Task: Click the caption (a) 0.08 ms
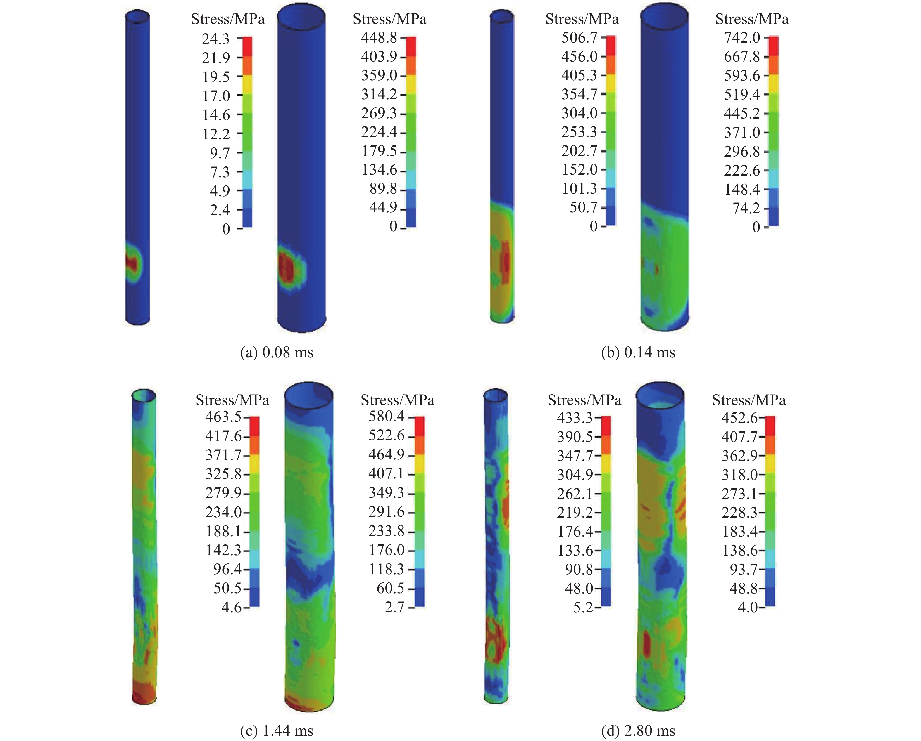(277, 352)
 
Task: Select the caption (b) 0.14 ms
(638, 352)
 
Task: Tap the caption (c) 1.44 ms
(277, 731)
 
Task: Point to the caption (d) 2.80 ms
(638, 731)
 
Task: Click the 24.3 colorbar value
(216, 39)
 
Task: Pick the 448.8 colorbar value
(379, 38)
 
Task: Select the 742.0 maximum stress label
(742, 38)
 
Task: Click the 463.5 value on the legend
(223, 417)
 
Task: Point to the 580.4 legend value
(387, 416)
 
